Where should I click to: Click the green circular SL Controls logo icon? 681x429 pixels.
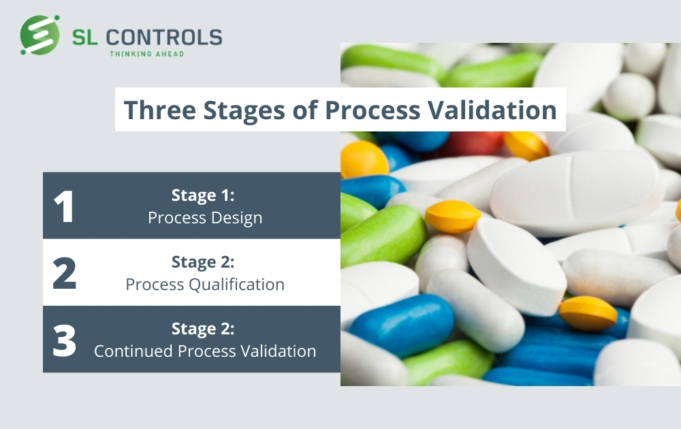(x=40, y=35)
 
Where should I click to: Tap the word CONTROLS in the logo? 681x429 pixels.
(x=164, y=37)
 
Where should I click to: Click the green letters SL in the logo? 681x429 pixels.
(x=84, y=37)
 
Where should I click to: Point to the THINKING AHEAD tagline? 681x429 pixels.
(x=147, y=54)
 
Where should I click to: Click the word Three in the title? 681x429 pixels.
(x=160, y=110)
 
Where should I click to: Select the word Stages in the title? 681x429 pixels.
(x=244, y=110)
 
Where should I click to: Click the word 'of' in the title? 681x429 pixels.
(x=305, y=109)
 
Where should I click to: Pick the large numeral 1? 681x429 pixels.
(x=64, y=206)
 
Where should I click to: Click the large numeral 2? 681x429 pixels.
(x=64, y=273)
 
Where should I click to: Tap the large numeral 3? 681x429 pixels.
(x=64, y=340)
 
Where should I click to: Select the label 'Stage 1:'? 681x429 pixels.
(x=203, y=195)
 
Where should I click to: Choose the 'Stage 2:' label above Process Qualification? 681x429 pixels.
(x=203, y=262)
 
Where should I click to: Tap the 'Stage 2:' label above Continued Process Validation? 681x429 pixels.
(x=203, y=329)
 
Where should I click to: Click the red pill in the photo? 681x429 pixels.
(x=473, y=142)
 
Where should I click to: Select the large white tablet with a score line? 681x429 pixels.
(x=577, y=192)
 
